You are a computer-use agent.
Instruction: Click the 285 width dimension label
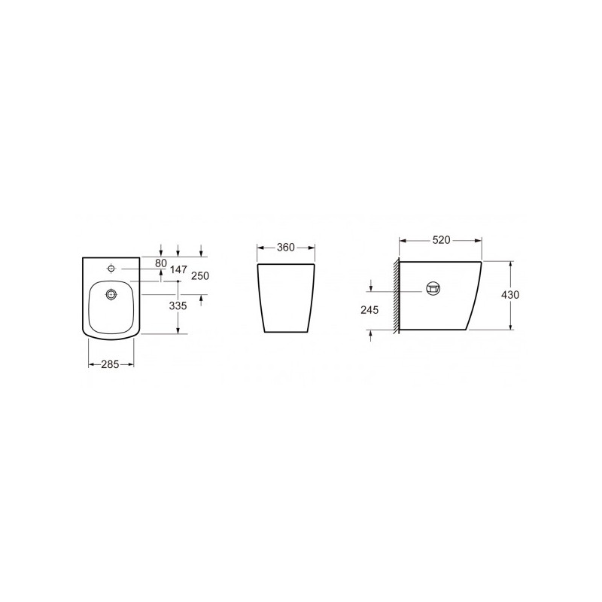pyautogui.click(x=110, y=364)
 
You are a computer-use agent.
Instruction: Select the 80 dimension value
pyautogui.click(x=161, y=263)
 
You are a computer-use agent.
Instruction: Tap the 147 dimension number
pyautogui.click(x=178, y=269)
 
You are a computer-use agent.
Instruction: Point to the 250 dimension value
pyautogui.click(x=200, y=275)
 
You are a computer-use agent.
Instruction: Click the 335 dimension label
pyautogui.click(x=178, y=306)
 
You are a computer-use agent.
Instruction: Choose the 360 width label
pyautogui.click(x=286, y=248)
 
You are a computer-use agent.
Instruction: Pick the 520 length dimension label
pyautogui.click(x=441, y=240)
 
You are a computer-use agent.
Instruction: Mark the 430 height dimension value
pyautogui.click(x=510, y=294)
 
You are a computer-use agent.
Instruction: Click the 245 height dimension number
pyautogui.click(x=369, y=309)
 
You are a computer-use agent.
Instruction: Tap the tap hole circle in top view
pyautogui.click(x=111, y=268)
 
